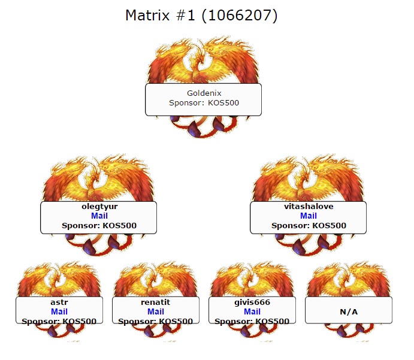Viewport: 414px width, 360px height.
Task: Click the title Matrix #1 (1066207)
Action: click(x=201, y=16)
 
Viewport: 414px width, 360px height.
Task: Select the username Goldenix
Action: click(x=204, y=93)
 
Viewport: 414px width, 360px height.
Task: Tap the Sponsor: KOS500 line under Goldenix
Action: click(x=204, y=102)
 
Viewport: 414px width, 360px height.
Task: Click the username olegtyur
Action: click(x=99, y=207)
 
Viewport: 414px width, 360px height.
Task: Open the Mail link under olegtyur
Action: click(x=99, y=216)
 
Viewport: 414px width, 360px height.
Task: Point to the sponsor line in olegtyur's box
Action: click(x=99, y=226)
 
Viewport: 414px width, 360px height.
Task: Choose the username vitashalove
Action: click(x=309, y=207)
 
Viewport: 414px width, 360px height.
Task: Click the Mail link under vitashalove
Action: click(x=309, y=216)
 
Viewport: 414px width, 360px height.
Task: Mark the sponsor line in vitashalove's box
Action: click(x=309, y=226)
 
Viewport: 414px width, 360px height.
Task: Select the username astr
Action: click(x=59, y=302)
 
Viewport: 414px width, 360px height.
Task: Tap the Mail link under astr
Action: click(x=59, y=311)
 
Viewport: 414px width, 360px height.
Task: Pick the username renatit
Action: click(x=156, y=302)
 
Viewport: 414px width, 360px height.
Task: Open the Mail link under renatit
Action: click(x=156, y=311)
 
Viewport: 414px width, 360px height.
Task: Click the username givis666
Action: click(x=252, y=302)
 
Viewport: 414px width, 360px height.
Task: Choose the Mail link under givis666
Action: click(x=252, y=311)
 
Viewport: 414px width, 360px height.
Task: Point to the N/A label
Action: click(x=349, y=312)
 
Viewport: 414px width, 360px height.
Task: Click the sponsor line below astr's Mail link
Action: click(x=59, y=322)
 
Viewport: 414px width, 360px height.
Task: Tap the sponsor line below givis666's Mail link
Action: click(x=252, y=322)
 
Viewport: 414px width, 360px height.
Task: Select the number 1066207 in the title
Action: click(x=239, y=16)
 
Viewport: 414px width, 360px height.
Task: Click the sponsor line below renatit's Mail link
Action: click(x=155, y=322)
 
